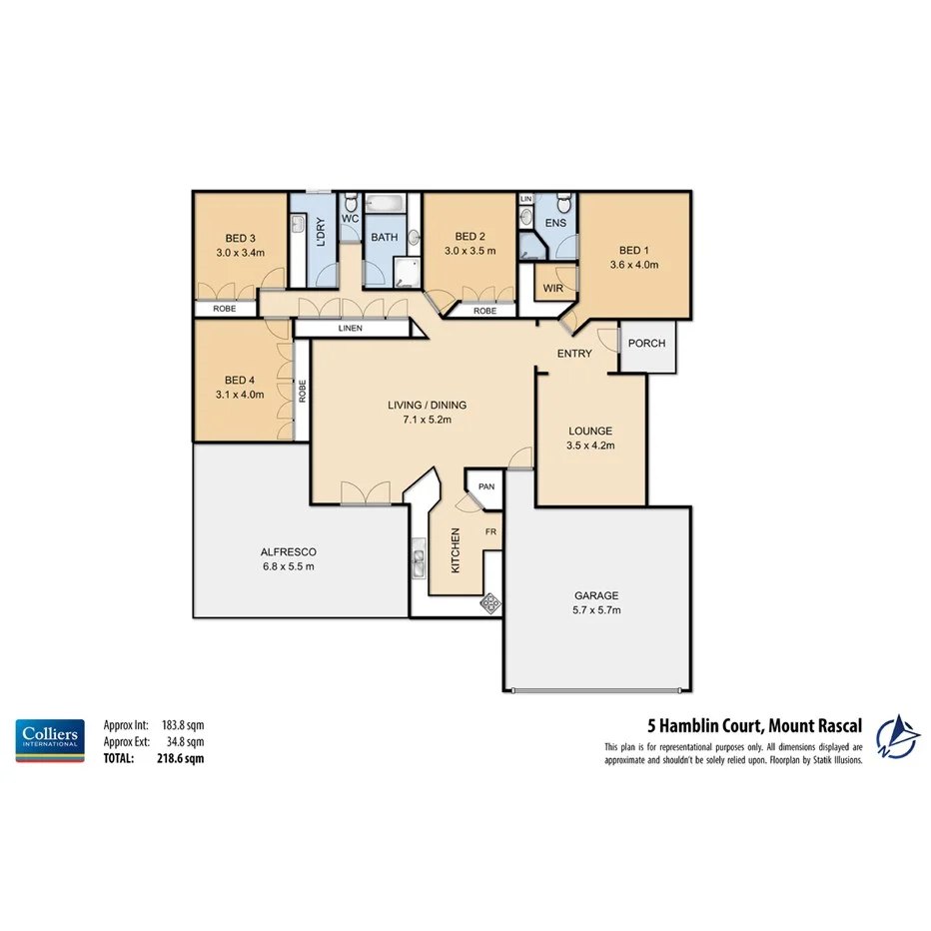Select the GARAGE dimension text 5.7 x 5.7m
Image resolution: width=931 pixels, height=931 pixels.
pyautogui.click(x=595, y=610)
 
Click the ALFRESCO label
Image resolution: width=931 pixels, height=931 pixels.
pyautogui.click(x=289, y=551)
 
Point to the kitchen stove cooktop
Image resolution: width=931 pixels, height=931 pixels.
pyautogui.click(x=490, y=602)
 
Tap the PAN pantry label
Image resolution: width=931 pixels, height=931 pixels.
pyautogui.click(x=486, y=486)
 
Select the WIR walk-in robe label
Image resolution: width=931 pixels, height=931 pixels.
pyautogui.click(x=552, y=289)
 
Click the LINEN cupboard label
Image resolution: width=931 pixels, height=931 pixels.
pyautogui.click(x=350, y=329)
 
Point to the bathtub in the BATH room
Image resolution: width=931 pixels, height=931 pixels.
pyautogui.click(x=384, y=205)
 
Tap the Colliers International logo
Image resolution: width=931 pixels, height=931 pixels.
pyautogui.click(x=48, y=740)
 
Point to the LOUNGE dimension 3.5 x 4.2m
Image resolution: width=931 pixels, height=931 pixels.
pyautogui.click(x=589, y=446)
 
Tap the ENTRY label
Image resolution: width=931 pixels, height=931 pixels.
pyautogui.click(x=574, y=354)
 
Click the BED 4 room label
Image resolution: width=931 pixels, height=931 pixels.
pyautogui.click(x=240, y=380)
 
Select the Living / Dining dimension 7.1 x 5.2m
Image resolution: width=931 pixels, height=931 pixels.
pyautogui.click(x=428, y=420)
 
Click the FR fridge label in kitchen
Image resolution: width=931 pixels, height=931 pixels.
pyautogui.click(x=490, y=531)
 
